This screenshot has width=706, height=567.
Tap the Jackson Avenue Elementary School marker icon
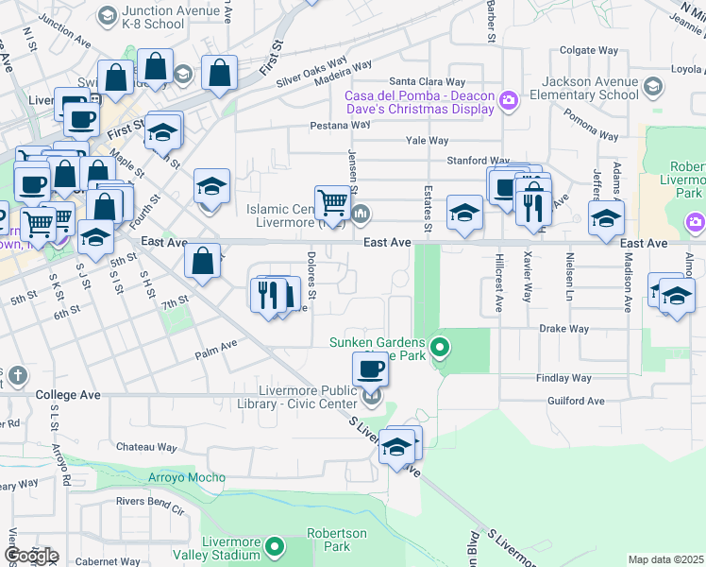point(652,90)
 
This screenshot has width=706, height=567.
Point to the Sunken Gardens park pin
point(439,349)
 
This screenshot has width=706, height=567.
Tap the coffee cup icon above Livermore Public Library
point(371,369)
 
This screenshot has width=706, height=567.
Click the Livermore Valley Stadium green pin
point(275,545)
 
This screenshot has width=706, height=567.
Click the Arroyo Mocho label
point(185,477)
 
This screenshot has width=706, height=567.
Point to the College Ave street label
point(68,394)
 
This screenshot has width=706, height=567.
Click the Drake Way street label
point(563,329)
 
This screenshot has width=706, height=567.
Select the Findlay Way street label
point(563,378)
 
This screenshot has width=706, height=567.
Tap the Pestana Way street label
point(340,125)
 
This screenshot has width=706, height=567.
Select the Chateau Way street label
point(146,447)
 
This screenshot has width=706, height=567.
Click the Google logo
point(30,556)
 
